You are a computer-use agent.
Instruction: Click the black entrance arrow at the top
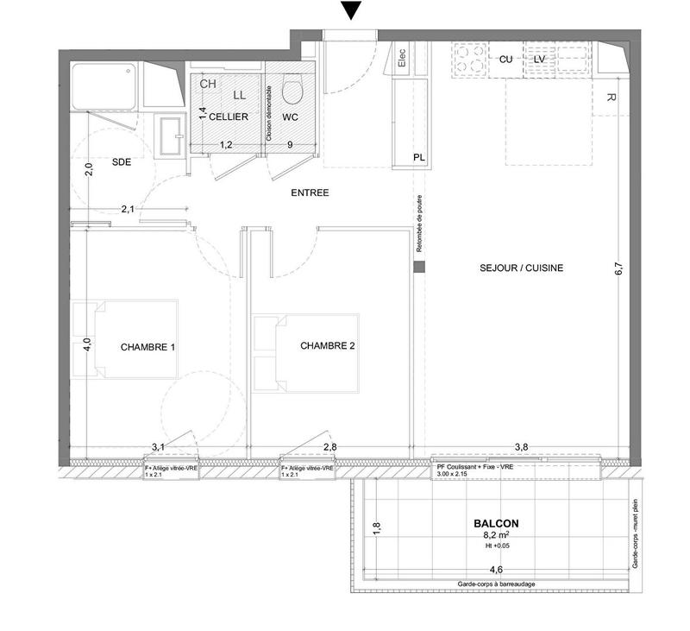click(x=349, y=11)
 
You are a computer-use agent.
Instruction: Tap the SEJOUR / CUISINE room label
click(x=521, y=268)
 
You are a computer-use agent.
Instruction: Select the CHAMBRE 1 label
click(x=147, y=348)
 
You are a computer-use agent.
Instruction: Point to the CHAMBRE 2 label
click(x=328, y=346)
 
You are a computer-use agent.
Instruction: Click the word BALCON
click(x=496, y=523)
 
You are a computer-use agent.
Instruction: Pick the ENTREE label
click(x=310, y=193)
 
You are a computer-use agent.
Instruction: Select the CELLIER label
click(x=228, y=117)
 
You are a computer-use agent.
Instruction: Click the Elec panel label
click(x=402, y=59)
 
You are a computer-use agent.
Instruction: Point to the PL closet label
click(x=419, y=157)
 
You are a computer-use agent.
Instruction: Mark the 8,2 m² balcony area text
click(x=496, y=535)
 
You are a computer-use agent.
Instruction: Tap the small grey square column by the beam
click(x=419, y=268)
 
